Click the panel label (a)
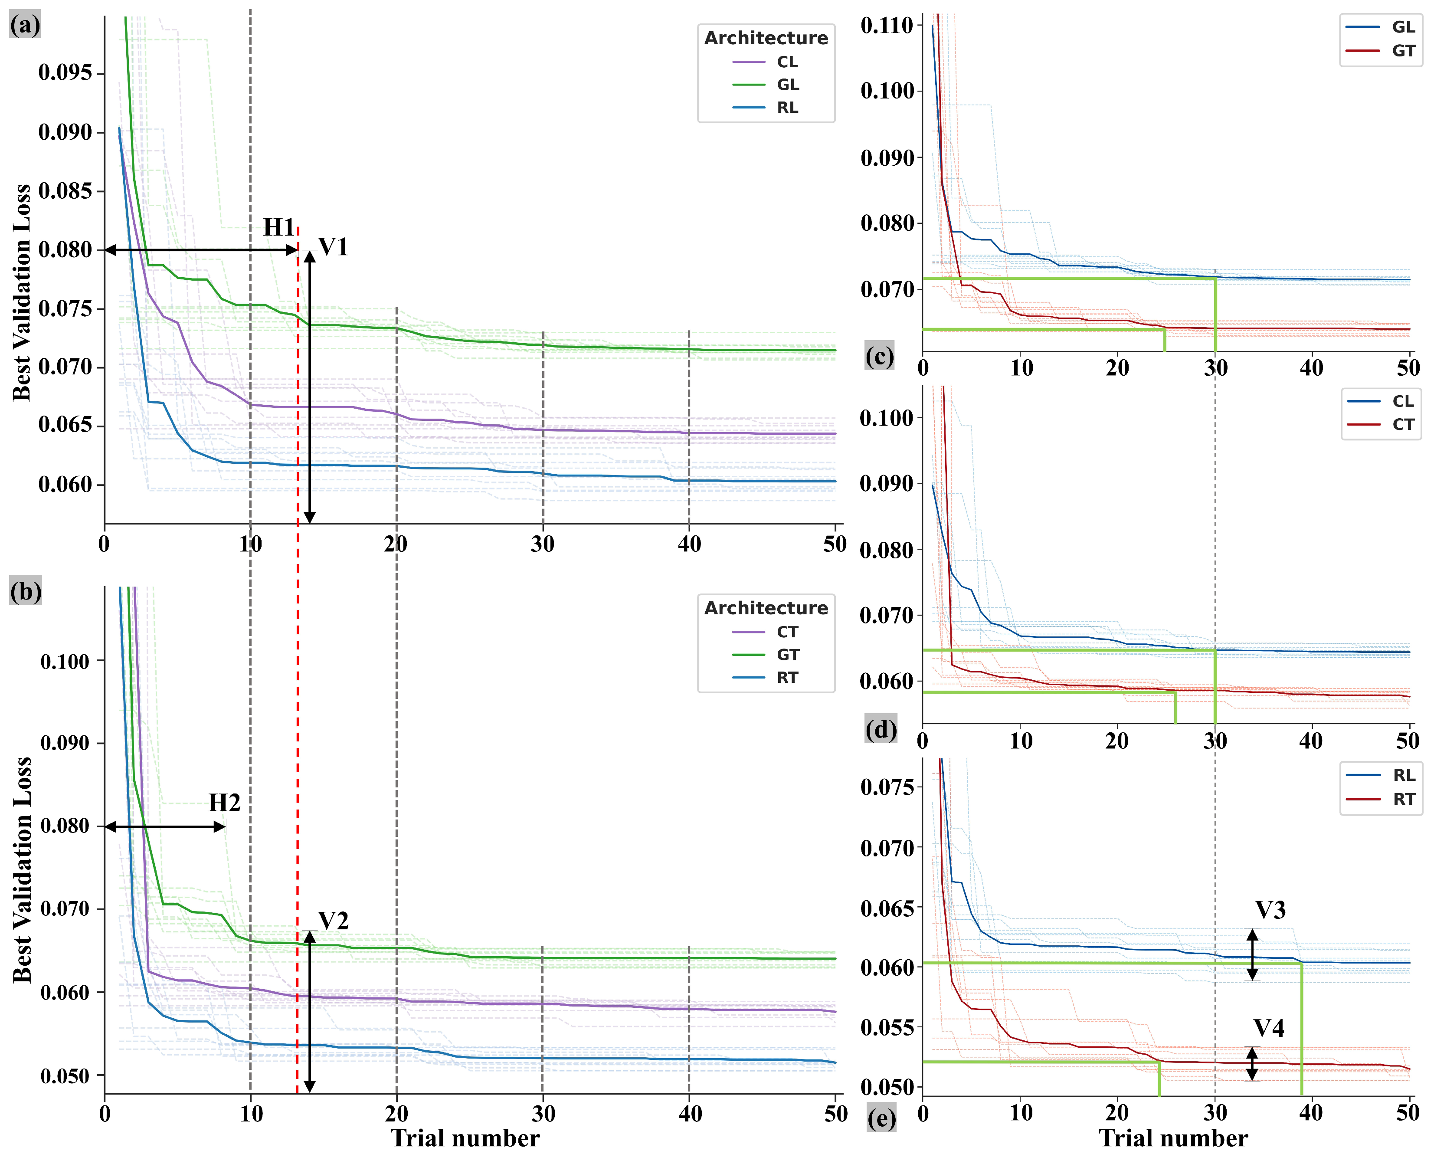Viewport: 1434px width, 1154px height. click(x=25, y=25)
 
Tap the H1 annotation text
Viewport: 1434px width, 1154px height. click(x=278, y=227)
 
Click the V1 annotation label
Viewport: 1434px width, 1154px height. click(x=333, y=247)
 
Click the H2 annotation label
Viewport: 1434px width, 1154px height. click(x=224, y=803)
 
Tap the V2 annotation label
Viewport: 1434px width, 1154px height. click(x=333, y=921)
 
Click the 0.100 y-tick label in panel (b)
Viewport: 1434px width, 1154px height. click(x=65, y=662)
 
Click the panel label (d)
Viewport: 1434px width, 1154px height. click(x=881, y=730)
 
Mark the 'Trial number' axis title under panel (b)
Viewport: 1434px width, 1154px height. click(x=465, y=1138)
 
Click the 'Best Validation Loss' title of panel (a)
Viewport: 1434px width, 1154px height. click(x=22, y=293)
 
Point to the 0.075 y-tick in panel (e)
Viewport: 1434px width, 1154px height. click(x=887, y=787)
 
